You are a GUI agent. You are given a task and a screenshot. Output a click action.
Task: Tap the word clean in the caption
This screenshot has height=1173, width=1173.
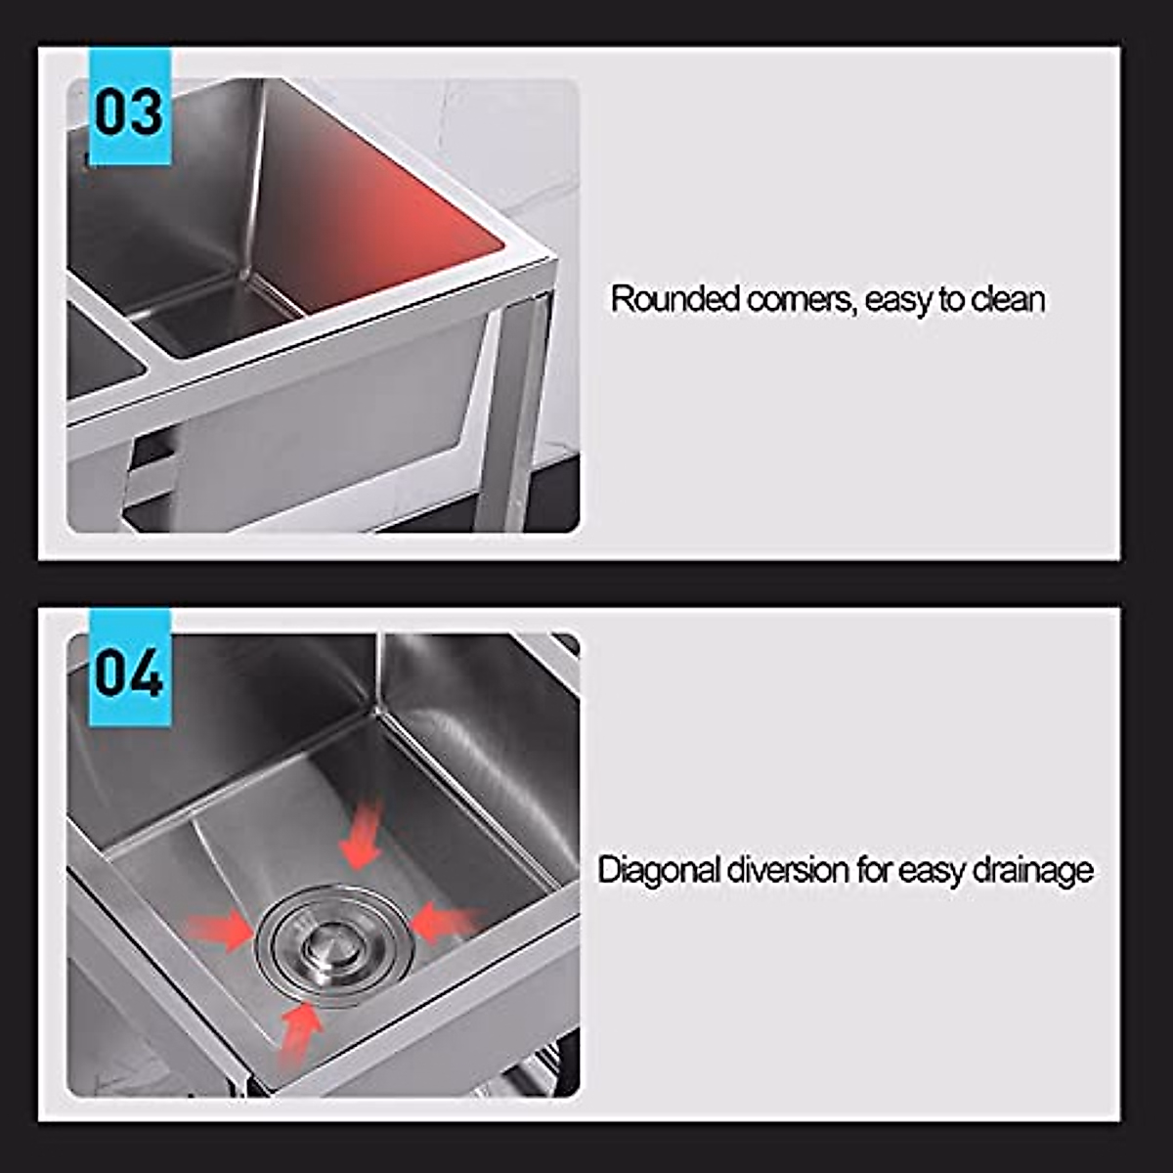1008,299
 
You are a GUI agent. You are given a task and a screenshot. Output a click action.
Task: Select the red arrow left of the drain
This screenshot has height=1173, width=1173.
220,930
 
